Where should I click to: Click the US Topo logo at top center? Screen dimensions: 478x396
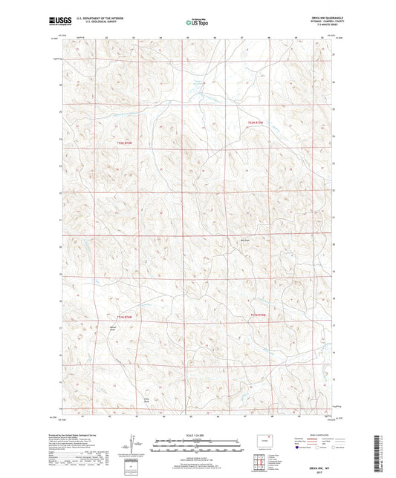coord(197,24)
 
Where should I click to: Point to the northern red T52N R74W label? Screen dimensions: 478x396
coord(128,143)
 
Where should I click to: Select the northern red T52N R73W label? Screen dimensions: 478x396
coord(257,122)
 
